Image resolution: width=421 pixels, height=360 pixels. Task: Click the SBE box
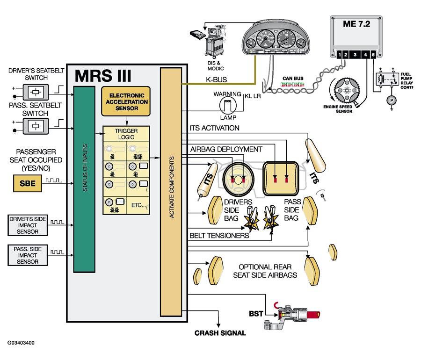tap(28, 183)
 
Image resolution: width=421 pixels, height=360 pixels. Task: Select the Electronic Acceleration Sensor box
tap(126, 101)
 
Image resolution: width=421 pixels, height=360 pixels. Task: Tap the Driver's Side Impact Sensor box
tap(28, 225)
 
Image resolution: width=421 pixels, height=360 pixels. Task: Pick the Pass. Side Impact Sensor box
tap(28, 255)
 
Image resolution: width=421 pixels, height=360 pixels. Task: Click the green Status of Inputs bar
tap(84, 179)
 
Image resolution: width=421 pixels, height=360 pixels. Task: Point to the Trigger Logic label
tap(126, 134)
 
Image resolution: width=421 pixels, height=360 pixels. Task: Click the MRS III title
tap(103, 76)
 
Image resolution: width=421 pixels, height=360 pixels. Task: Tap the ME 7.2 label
tap(356, 24)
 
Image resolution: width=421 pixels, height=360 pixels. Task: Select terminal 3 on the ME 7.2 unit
tap(355, 55)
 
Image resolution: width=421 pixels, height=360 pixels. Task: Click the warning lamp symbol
tap(228, 105)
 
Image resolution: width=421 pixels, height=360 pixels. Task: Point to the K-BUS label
tap(217, 79)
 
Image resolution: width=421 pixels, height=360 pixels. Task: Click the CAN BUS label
tap(293, 79)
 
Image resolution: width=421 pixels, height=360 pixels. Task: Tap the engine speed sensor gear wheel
tap(348, 90)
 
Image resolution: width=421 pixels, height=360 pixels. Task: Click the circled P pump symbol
tap(392, 101)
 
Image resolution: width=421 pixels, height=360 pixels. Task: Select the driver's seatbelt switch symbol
tap(36, 92)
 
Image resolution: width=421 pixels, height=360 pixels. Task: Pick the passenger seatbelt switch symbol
tap(36, 126)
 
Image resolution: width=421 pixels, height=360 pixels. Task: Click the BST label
tap(256, 314)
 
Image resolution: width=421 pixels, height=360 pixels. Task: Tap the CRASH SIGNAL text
tap(220, 333)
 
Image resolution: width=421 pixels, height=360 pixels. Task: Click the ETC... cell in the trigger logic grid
tap(138, 205)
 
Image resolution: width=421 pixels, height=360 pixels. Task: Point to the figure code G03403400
tap(21, 343)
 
